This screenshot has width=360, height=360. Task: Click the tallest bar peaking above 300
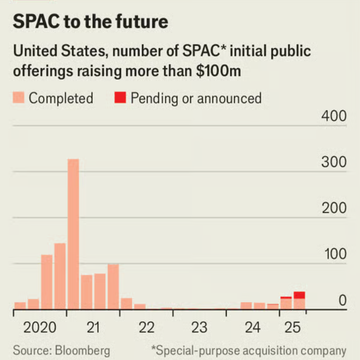coord(73,234)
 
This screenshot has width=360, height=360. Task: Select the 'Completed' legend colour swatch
coord(19,98)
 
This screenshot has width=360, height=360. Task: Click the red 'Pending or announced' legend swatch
coord(120,98)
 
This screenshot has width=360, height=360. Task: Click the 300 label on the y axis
coord(334,163)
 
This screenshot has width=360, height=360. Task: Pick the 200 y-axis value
coord(334,208)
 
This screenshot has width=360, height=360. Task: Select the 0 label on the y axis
coord(342,300)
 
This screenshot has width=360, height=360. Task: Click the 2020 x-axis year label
coord(39,327)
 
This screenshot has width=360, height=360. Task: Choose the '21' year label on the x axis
coord(93,327)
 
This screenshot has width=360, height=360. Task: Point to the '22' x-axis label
coord(146,327)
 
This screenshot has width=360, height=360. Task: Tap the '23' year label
coord(199,327)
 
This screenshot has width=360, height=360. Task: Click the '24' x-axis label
coord(253,327)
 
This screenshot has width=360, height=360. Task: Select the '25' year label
coord(293,327)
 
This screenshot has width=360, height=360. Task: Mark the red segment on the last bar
coord(299,295)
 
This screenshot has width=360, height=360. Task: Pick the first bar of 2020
coord(20,306)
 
